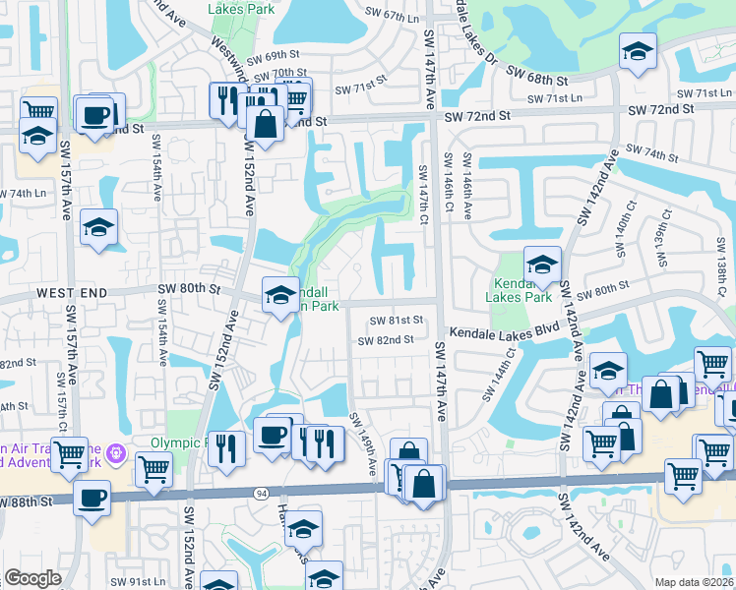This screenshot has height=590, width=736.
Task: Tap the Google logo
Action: point(32,578)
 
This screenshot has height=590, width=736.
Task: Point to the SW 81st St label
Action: point(397,321)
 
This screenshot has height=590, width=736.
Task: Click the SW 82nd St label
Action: point(385,340)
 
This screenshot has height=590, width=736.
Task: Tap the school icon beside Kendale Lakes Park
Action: point(542,265)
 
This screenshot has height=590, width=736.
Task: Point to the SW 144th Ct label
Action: point(498,381)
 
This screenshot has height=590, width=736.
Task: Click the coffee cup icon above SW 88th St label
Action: point(92,498)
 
